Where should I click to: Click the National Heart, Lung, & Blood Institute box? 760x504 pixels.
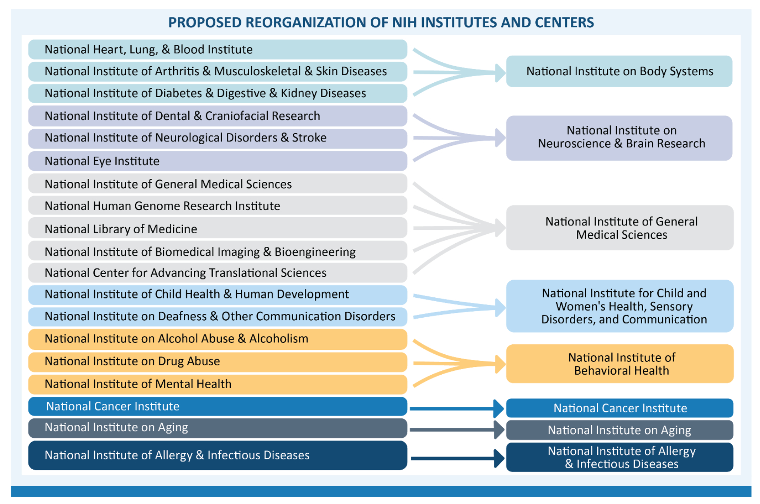(217, 50)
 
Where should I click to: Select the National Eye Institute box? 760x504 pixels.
(217, 161)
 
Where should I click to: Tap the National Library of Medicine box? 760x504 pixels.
(217, 228)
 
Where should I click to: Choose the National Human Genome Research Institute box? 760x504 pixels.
(217, 205)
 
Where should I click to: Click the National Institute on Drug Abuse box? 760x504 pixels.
(217, 361)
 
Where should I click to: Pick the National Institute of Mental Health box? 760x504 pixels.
(217, 384)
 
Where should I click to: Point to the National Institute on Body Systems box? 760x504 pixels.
(619, 71)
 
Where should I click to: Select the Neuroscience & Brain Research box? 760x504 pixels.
(619, 138)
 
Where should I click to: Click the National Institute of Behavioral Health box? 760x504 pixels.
(620, 364)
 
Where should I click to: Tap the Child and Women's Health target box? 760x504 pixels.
(620, 306)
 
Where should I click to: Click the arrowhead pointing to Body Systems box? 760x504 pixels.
(500, 73)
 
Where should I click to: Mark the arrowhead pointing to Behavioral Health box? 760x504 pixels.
(500, 364)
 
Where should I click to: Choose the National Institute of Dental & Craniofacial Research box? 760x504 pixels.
(217, 116)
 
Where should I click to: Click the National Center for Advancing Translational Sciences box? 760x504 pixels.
(217, 273)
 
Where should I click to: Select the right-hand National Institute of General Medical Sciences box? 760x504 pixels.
(620, 228)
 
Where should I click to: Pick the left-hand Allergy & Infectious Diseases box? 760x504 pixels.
(217, 455)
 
